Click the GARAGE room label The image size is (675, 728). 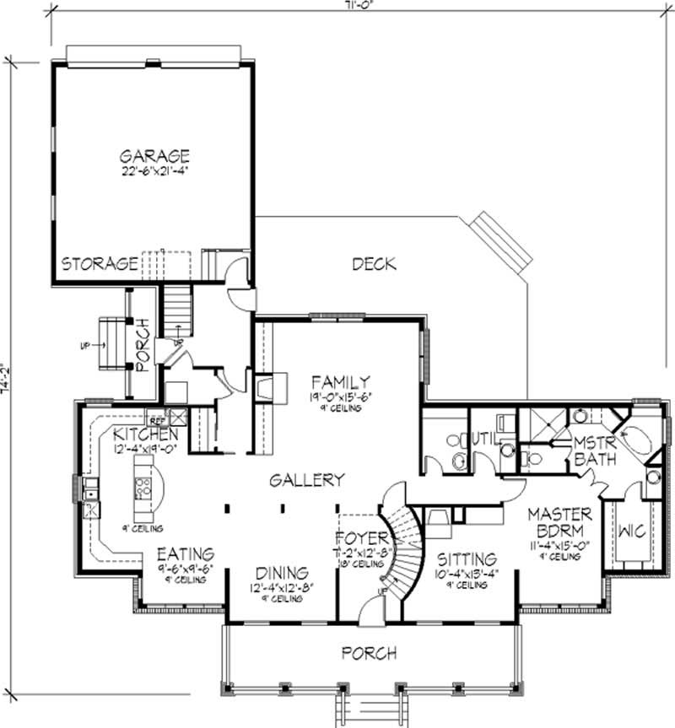(154, 156)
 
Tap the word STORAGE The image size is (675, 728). (99, 263)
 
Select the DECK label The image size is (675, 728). (374, 264)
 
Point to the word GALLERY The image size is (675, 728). (307, 480)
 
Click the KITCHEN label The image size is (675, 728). (146, 434)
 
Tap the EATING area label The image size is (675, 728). (185, 554)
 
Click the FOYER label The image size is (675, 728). (361, 538)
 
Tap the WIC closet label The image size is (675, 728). (633, 532)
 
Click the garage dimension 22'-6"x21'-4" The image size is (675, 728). (154, 172)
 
